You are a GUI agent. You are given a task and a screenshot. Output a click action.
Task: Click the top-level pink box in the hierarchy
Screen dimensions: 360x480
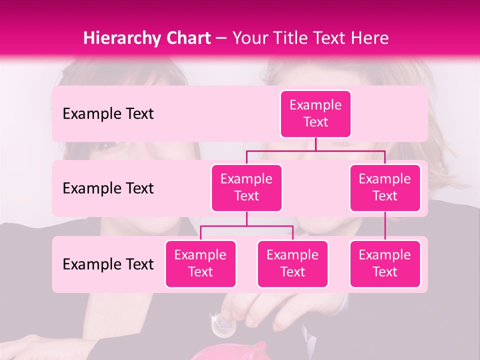click(315, 113)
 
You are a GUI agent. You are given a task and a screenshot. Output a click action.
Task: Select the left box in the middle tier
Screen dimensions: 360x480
click(246, 187)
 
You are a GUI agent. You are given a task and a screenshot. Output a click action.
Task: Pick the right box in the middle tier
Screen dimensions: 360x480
click(385, 187)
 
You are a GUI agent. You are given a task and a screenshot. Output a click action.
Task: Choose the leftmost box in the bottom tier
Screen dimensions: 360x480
click(200, 263)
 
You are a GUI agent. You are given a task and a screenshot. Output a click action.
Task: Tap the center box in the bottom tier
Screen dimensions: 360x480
click(292, 263)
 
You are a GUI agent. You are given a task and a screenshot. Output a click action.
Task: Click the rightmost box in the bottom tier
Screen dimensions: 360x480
click(385, 263)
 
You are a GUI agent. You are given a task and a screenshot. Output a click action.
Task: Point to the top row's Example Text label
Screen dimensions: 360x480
click(108, 114)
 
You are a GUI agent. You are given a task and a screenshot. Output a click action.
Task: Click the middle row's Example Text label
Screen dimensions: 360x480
click(108, 188)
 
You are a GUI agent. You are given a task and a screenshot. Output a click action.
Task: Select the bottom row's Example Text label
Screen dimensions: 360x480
click(108, 264)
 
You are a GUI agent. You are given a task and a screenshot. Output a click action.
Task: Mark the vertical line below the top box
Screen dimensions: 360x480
click(315, 144)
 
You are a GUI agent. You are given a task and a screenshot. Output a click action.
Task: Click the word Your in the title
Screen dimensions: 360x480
click(249, 38)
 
